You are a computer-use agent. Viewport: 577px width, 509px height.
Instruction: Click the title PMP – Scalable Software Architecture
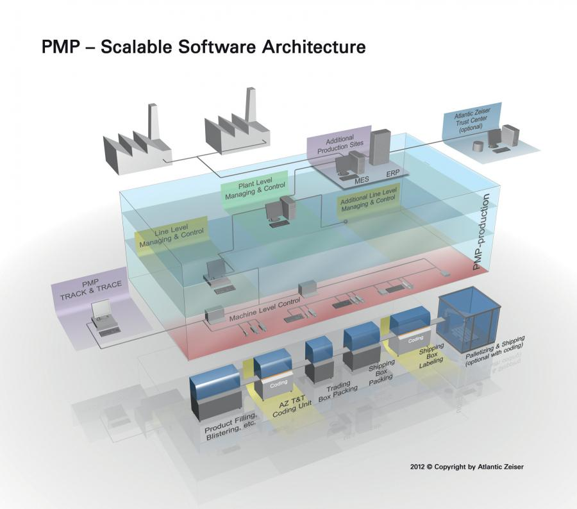[x=203, y=47]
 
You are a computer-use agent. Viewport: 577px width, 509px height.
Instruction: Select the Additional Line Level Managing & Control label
[x=369, y=201]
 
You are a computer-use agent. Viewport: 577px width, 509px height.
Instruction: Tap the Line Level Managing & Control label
[x=171, y=235]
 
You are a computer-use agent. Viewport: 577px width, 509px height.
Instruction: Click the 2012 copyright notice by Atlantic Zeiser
[x=467, y=467]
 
